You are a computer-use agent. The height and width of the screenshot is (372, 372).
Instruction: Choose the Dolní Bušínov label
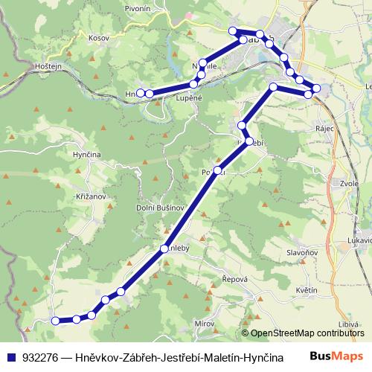coord(159,208)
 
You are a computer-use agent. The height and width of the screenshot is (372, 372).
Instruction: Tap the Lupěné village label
coord(190,97)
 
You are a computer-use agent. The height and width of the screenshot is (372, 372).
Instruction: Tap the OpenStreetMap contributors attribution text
coord(307,333)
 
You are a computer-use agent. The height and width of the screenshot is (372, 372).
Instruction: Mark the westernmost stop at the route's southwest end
coord(55,321)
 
